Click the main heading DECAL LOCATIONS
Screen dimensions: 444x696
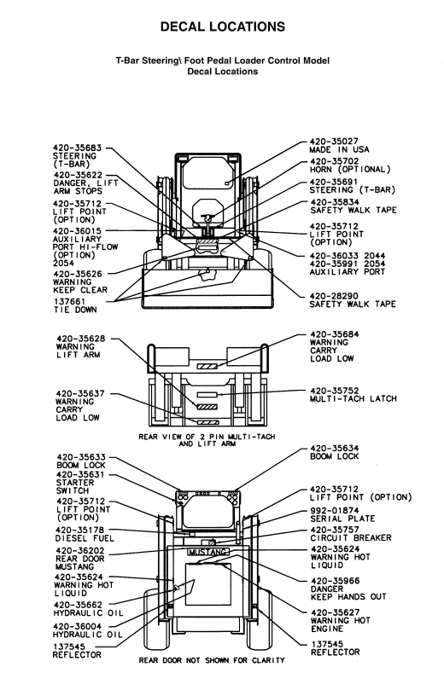223,26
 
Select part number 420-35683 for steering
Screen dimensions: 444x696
78,148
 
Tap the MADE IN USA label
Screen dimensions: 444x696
339,149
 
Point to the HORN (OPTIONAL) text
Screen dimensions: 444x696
350,170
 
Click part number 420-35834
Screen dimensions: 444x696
335,202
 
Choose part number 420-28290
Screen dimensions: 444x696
334,296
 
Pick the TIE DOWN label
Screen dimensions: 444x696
75,310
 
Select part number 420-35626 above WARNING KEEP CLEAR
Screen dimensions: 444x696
78,275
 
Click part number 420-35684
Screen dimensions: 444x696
335,334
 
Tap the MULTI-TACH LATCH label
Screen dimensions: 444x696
353,398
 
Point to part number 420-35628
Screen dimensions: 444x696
81,339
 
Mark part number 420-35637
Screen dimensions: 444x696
80,394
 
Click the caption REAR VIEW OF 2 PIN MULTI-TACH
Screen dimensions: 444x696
207,437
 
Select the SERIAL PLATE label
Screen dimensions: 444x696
342,519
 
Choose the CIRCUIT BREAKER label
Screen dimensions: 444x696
351,538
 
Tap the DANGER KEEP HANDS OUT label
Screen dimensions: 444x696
348,593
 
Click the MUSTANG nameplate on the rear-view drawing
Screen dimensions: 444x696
208,552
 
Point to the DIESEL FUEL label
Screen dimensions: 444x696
85,538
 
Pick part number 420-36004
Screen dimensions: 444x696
78,626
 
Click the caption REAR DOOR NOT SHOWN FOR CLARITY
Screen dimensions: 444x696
212,660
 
